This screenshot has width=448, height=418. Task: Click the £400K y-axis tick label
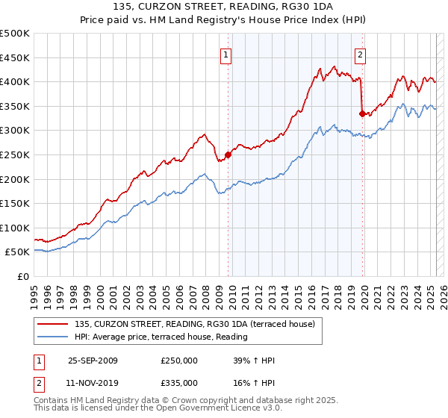15,81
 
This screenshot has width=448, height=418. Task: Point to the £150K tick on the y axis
15,203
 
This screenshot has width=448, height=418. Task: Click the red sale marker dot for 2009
228,155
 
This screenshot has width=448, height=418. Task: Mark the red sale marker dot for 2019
361,113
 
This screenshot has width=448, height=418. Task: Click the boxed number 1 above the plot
225,54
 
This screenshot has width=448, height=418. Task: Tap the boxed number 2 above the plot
360,54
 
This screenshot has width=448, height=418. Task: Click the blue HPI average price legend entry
161,337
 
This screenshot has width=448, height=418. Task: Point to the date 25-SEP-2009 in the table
93,361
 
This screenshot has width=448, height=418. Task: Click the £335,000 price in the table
179,382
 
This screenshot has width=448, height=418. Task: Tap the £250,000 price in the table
179,361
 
